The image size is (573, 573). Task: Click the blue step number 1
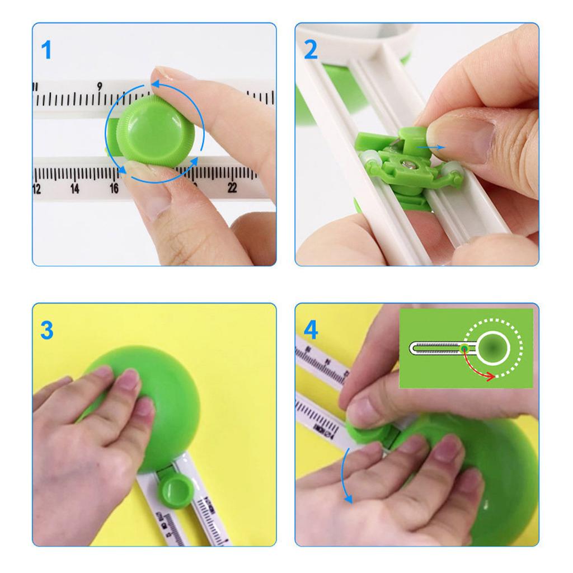pos(47,50)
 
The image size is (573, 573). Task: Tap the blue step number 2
pos(311,50)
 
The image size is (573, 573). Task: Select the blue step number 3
pos(47,330)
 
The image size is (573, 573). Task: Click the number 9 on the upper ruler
pos(100,86)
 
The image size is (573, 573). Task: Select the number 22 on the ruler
pos(232,189)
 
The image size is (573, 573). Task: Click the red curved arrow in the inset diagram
pos(478,369)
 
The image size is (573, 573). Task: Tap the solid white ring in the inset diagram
pos(495,348)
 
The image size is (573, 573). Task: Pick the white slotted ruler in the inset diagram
pos(436,348)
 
